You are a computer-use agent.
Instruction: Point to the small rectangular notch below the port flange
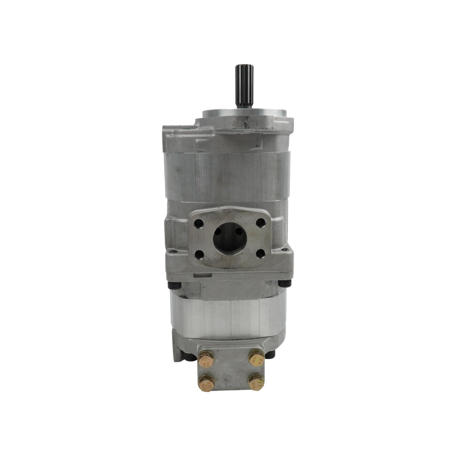point(202,275)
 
